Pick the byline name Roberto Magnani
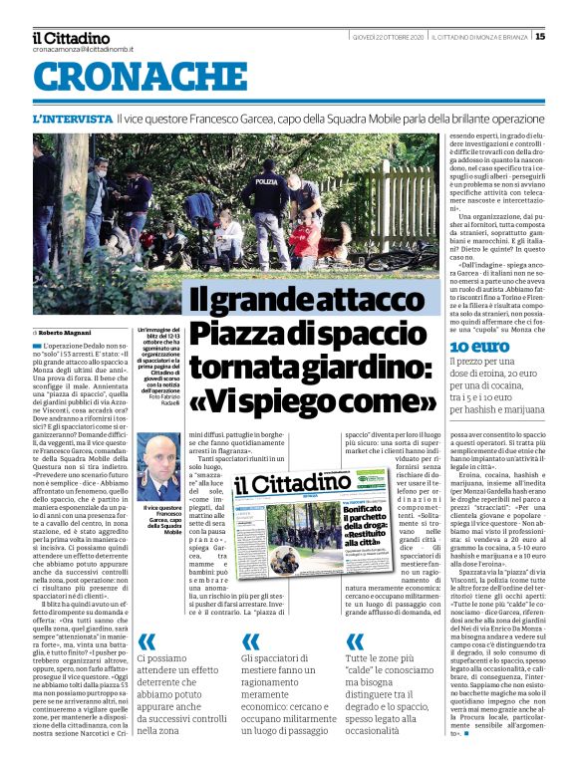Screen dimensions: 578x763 [x=68, y=331]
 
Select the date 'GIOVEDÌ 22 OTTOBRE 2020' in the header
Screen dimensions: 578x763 [x=388, y=38]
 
